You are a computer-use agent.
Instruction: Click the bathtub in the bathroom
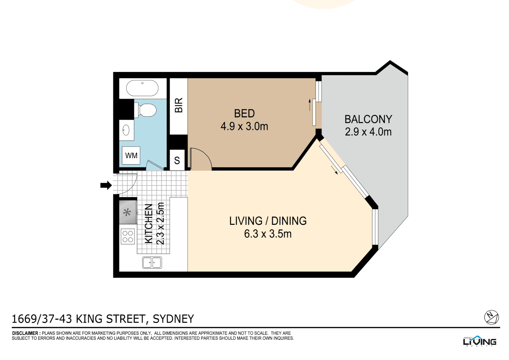click(x=142, y=88)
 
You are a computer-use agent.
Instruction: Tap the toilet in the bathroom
click(x=146, y=110)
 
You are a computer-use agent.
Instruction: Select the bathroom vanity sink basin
click(x=126, y=130)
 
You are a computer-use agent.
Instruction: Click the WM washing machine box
click(x=131, y=156)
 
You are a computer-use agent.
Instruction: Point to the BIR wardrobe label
click(x=179, y=105)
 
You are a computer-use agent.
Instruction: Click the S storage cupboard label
click(x=177, y=161)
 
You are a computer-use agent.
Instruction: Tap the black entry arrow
click(x=106, y=185)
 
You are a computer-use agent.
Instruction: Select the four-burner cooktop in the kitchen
click(x=128, y=237)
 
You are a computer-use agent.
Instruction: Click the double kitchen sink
click(x=152, y=263)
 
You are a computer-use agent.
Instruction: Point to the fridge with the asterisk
click(x=128, y=212)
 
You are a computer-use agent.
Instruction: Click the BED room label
click(x=244, y=113)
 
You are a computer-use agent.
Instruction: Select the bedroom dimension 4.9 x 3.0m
click(x=244, y=126)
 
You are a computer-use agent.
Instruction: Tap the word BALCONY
click(x=368, y=119)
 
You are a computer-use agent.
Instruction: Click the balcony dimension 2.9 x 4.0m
click(x=368, y=132)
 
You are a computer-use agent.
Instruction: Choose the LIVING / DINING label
click(x=268, y=221)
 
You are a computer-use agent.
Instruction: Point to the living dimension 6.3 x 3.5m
click(x=268, y=234)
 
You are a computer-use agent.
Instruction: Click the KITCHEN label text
click(x=149, y=224)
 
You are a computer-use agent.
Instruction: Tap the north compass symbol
click(x=491, y=317)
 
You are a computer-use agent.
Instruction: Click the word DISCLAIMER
click(x=25, y=333)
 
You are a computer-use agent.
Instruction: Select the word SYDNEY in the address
click(x=173, y=319)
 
